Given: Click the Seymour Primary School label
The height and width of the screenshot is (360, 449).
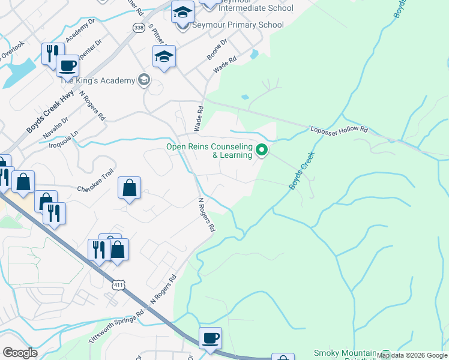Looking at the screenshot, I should point(238,25).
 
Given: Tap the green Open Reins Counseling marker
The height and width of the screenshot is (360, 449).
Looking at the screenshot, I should point(262,149).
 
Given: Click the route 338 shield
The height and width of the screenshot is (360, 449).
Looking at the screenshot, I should point(139,28).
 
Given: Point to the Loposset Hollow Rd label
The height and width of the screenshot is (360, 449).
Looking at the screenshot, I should point(339,129).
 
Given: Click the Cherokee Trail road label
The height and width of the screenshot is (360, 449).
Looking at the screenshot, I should point(95,188).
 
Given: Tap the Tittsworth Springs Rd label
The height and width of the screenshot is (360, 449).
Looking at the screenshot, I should point(116,324).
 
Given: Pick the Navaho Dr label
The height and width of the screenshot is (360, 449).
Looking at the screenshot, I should point(56,128).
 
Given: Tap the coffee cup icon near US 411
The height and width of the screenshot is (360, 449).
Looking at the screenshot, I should point(210,338).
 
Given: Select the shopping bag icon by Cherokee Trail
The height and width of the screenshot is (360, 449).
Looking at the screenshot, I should point(130,188).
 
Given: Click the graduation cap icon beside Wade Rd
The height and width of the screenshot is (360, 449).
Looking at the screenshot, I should point(164,57).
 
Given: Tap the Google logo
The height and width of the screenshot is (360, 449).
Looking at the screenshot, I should point(20,353).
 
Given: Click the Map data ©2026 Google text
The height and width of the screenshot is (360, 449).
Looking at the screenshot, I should point(412,356).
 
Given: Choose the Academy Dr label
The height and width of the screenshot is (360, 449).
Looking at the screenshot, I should point(80,30).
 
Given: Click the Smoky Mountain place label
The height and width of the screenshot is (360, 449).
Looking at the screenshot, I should point(345,353).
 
